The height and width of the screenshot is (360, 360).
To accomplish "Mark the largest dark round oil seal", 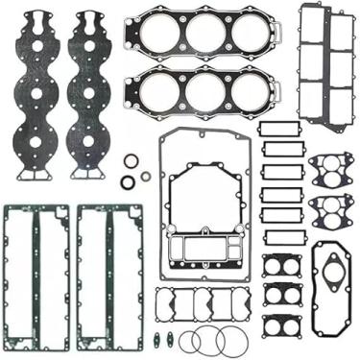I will coord(129,182).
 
